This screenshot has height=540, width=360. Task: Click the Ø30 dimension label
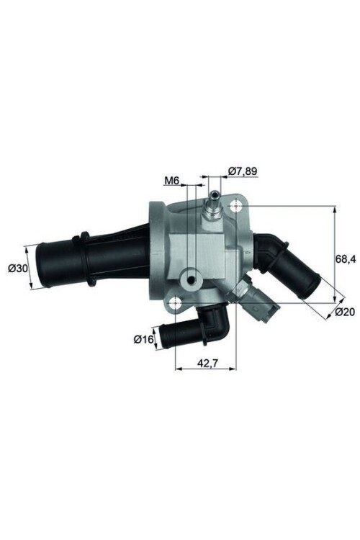tap(17, 268)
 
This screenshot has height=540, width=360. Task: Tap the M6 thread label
tap(171, 181)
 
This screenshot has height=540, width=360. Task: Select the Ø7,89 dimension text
tap(243, 171)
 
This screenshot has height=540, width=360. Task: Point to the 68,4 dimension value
tap(347, 256)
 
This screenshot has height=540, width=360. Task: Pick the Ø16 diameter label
tap(144, 339)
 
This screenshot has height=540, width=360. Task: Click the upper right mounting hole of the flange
tap(237, 207)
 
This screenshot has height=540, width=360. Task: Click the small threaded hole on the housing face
tap(191, 279)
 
